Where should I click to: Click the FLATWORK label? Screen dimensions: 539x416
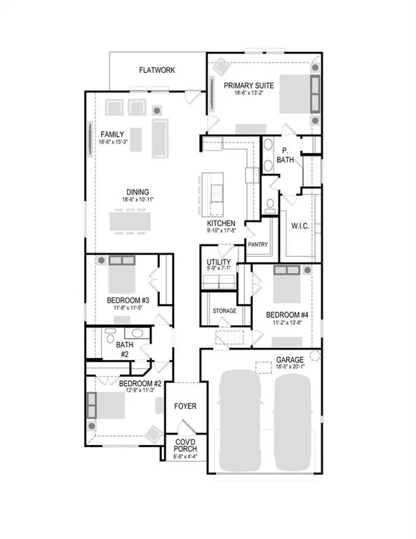[156, 70]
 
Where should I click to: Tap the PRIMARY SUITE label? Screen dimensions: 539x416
[249, 86]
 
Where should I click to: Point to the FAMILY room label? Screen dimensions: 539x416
[112, 134]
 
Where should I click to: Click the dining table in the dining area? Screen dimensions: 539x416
[129, 222]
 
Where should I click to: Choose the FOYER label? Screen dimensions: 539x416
[186, 406]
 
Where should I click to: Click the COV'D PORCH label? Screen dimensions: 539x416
[186, 445]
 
